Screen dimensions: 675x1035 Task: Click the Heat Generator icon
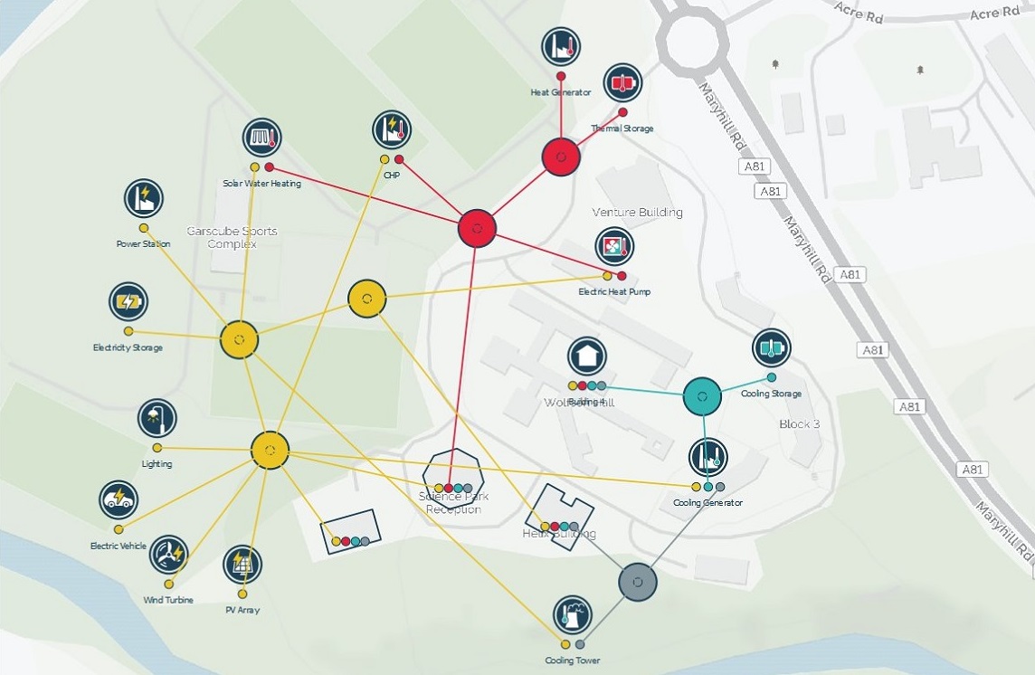click(x=561, y=46)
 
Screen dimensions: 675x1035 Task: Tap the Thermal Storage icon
click(x=622, y=82)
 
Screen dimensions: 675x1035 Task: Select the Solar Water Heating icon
click(x=261, y=138)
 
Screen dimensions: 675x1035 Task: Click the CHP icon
click(x=392, y=129)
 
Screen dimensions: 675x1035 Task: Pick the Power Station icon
click(x=143, y=198)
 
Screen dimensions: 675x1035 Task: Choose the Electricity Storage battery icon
click(x=128, y=301)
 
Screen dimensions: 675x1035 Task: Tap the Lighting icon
click(x=157, y=418)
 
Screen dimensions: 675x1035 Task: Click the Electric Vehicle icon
click(x=119, y=499)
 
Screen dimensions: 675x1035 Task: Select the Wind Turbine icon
click(x=168, y=555)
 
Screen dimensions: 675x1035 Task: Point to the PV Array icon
click(x=242, y=565)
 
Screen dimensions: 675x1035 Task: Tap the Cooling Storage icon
click(x=771, y=347)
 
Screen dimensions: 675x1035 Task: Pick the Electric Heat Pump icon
click(x=614, y=246)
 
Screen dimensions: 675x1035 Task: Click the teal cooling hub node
click(x=702, y=396)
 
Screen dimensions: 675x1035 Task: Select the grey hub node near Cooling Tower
click(x=638, y=582)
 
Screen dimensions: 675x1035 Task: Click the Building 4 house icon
click(x=586, y=356)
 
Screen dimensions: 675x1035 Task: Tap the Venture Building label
click(x=637, y=213)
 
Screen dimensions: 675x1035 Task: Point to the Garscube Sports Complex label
click(x=232, y=237)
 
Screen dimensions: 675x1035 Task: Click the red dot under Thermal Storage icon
click(x=622, y=113)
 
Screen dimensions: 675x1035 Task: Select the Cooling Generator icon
click(x=708, y=458)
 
